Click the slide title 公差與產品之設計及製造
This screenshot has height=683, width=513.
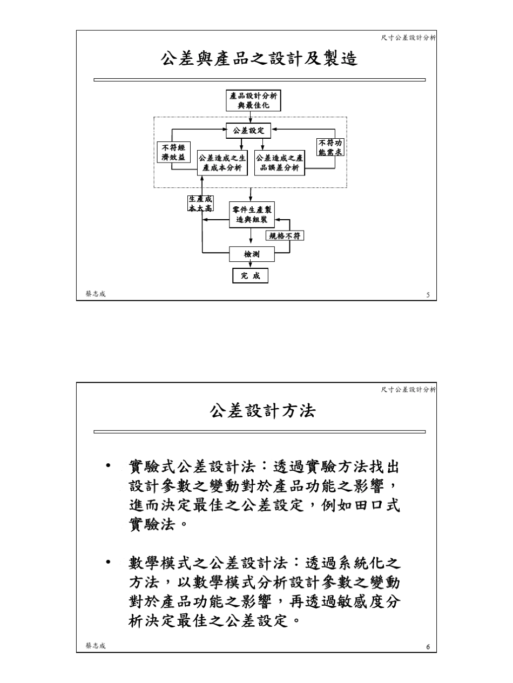pyautogui.click(x=259, y=58)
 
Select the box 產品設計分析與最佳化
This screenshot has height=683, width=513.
pyautogui.click(x=254, y=100)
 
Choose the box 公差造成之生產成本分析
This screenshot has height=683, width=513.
pyautogui.click(x=222, y=163)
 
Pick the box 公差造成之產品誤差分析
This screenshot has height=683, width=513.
pyautogui.click(x=279, y=163)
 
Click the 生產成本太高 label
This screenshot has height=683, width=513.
pyautogui.click(x=200, y=204)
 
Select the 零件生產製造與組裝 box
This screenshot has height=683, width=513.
pyautogui.click(x=252, y=215)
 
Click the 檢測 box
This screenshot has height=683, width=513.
pyautogui.click(x=252, y=253)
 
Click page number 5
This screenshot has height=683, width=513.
pyautogui.click(x=428, y=295)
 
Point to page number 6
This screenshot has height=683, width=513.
pyautogui.click(x=428, y=647)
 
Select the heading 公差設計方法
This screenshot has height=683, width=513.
pyautogui.click(x=262, y=411)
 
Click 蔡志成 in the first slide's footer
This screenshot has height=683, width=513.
pyautogui.click(x=96, y=294)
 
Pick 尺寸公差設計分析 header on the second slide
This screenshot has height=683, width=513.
pyautogui.click(x=408, y=389)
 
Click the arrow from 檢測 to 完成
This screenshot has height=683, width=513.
pyautogui.click(x=251, y=264)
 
